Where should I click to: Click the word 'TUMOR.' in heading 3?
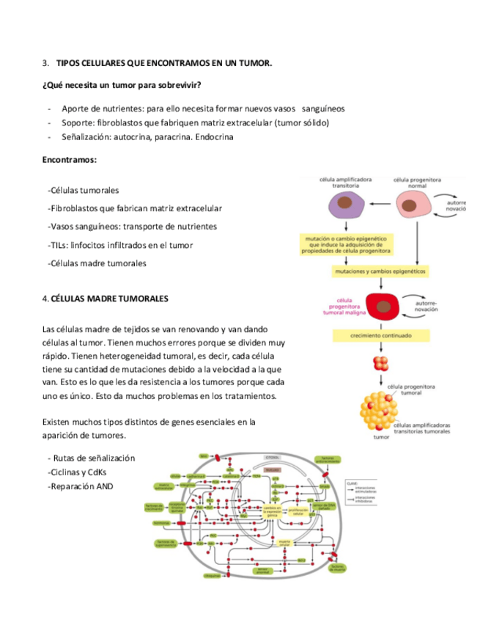pyautogui.click(x=256, y=64)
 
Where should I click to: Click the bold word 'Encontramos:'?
pyautogui.click(x=70, y=158)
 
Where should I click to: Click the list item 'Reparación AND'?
pyautogui.click(x=81, y=486)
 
